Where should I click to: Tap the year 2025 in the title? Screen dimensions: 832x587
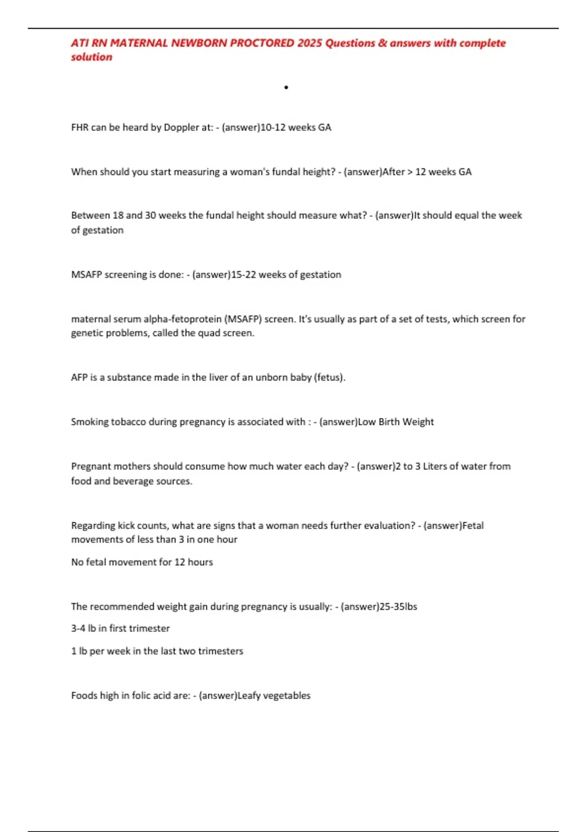click(x=309, y=43)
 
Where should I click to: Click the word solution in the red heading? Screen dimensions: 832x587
click(x=91, y=57)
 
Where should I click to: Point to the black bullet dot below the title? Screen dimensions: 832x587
click(x=286, y=88)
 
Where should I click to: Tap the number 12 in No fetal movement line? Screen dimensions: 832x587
click(x=180, y=562)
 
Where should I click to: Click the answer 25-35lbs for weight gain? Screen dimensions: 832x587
click(x=398, y=607)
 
